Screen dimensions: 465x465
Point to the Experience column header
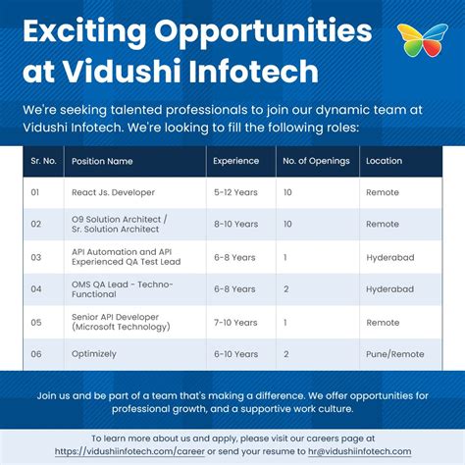pyautogui.click(x=235, y=160)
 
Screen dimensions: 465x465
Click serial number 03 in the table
pyautogui.click(x=35, y=257)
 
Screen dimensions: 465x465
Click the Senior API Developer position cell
pyautogui.click(x=116, y=322)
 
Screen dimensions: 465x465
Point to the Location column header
pyautogui.click(x=384, y=160)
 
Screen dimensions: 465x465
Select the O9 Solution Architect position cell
pyautogui.click(x=120, y=225)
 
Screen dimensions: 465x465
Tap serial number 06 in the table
pyautogui.click(x=35, y=353)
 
